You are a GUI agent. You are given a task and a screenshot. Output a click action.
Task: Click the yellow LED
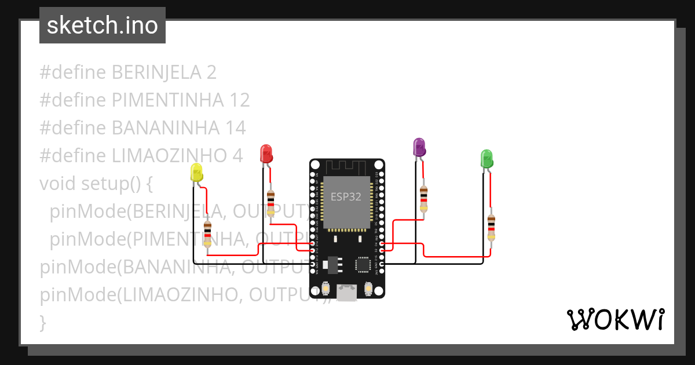tap(196, 173)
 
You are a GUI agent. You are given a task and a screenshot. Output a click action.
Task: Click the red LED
tap(266, 154)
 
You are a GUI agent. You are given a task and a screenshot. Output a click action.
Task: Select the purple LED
tap(419, 147)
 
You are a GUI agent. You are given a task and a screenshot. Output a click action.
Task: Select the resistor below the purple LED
tap(424, 198)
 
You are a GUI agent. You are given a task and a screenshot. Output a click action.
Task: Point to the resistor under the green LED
tap(491, 227)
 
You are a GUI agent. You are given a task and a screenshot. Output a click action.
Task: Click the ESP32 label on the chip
tap(346, 196)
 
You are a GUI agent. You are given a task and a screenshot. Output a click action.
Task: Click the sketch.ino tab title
tap(103, 25)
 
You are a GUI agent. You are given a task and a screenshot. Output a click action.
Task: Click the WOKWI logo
tap(615, 319)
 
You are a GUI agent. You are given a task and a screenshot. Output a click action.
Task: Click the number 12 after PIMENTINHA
tap(239, 100)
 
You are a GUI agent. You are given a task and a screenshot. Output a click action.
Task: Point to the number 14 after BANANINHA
tap(235, 127)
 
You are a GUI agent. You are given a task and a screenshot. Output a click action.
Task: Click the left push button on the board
tap(325, 288)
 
